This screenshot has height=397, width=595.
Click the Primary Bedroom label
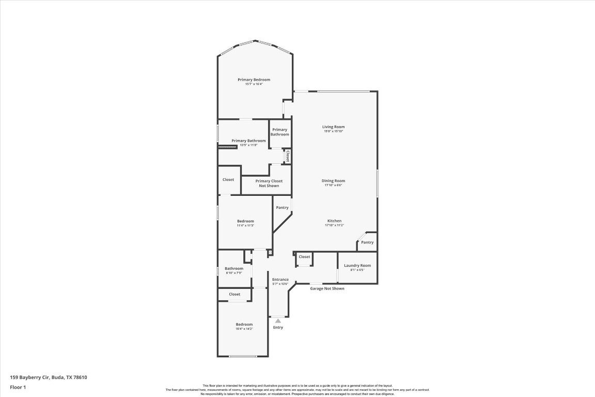click(x=254, y=80)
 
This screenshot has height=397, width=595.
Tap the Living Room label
click(x=333, y=127)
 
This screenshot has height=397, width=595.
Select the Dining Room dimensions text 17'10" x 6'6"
click(x=333, y=185)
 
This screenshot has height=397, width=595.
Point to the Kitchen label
click(x=334, y=221)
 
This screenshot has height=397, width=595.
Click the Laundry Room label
click(x=357, y=265)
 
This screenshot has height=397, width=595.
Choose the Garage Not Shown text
click(x=327, y=288)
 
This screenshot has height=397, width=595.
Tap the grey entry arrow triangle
click(x=278, y=321)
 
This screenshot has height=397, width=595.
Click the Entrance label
click(x=280, y=280)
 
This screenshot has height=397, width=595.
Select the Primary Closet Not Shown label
click(x=269, y=183)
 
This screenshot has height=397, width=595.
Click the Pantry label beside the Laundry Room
click(x=367, y=242)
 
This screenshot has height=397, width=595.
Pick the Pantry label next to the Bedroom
click(x=282, y=207)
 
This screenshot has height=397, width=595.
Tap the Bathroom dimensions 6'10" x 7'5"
click(x=234, y=273)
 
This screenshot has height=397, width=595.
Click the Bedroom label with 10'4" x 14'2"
click(x=244, y=324)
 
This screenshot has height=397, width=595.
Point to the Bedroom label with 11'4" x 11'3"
click(x=245, y=221)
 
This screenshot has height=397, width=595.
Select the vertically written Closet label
click(x=288, y=156)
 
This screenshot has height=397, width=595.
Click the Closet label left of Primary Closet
click(x=228, y=179)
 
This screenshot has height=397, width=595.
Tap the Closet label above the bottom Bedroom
click(x=234, y=294)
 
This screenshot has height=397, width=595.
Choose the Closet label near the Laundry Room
click(x=304, y=256)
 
